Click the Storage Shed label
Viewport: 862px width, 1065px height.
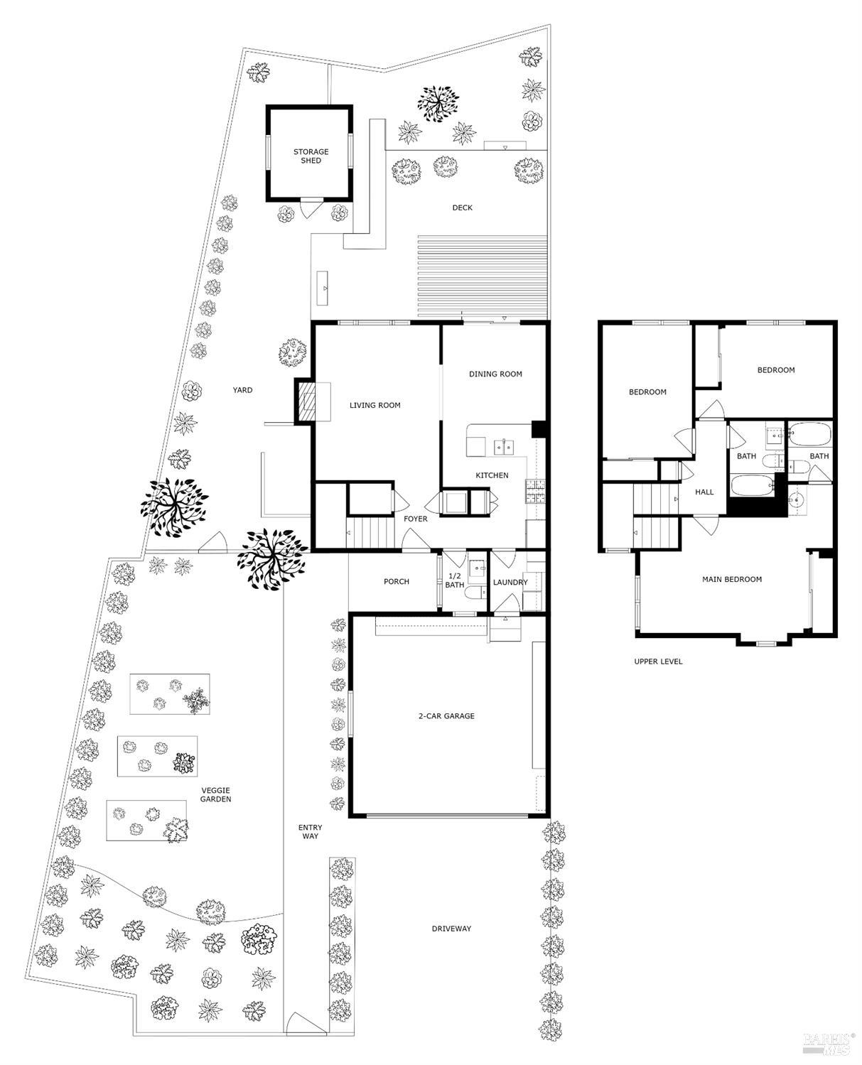[311, 156]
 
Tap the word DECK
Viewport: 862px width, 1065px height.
[462, 208]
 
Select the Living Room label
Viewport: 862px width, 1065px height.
[375, 406]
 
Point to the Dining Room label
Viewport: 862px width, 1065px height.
[495, 374]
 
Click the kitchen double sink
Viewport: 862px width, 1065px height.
[505, 447]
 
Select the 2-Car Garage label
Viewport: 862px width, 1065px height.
[446, 716]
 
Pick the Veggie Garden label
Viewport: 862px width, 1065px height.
[216, 795]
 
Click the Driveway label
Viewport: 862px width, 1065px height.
[451, 929]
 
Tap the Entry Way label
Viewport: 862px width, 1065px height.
[310, 832]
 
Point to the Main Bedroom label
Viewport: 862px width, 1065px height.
[732, 580]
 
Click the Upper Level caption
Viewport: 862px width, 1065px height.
[658, 661]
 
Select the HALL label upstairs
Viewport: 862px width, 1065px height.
[704, 492]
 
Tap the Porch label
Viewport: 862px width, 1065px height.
[397, 582]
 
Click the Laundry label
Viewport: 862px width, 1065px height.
[510, 583]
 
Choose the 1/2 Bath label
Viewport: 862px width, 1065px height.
[454, 580]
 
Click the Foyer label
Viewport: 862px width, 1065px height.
[416, 519]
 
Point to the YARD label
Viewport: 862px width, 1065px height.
[242, 390]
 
